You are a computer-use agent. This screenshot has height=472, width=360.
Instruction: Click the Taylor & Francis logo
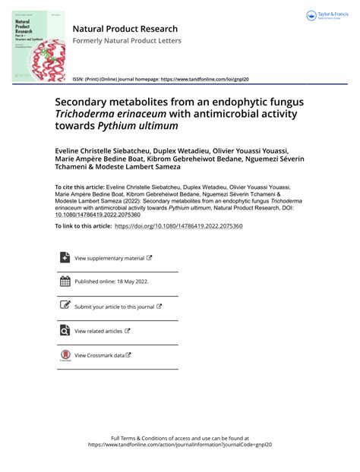(329, 16)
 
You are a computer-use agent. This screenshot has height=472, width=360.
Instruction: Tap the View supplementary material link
(112, 258)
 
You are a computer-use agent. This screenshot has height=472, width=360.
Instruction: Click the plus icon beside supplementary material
(64, 258)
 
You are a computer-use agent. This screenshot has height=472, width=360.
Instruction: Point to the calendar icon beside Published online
(64, 282)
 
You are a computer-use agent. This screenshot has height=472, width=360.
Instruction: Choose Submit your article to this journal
(114, 307)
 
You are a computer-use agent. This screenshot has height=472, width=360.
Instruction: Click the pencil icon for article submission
(64, 306)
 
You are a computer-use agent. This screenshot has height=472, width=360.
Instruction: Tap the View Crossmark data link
(102, 355)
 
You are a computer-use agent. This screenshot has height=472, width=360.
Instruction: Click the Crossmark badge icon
(64, 356)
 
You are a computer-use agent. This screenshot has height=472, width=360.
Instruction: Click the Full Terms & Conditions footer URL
(179, 445)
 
